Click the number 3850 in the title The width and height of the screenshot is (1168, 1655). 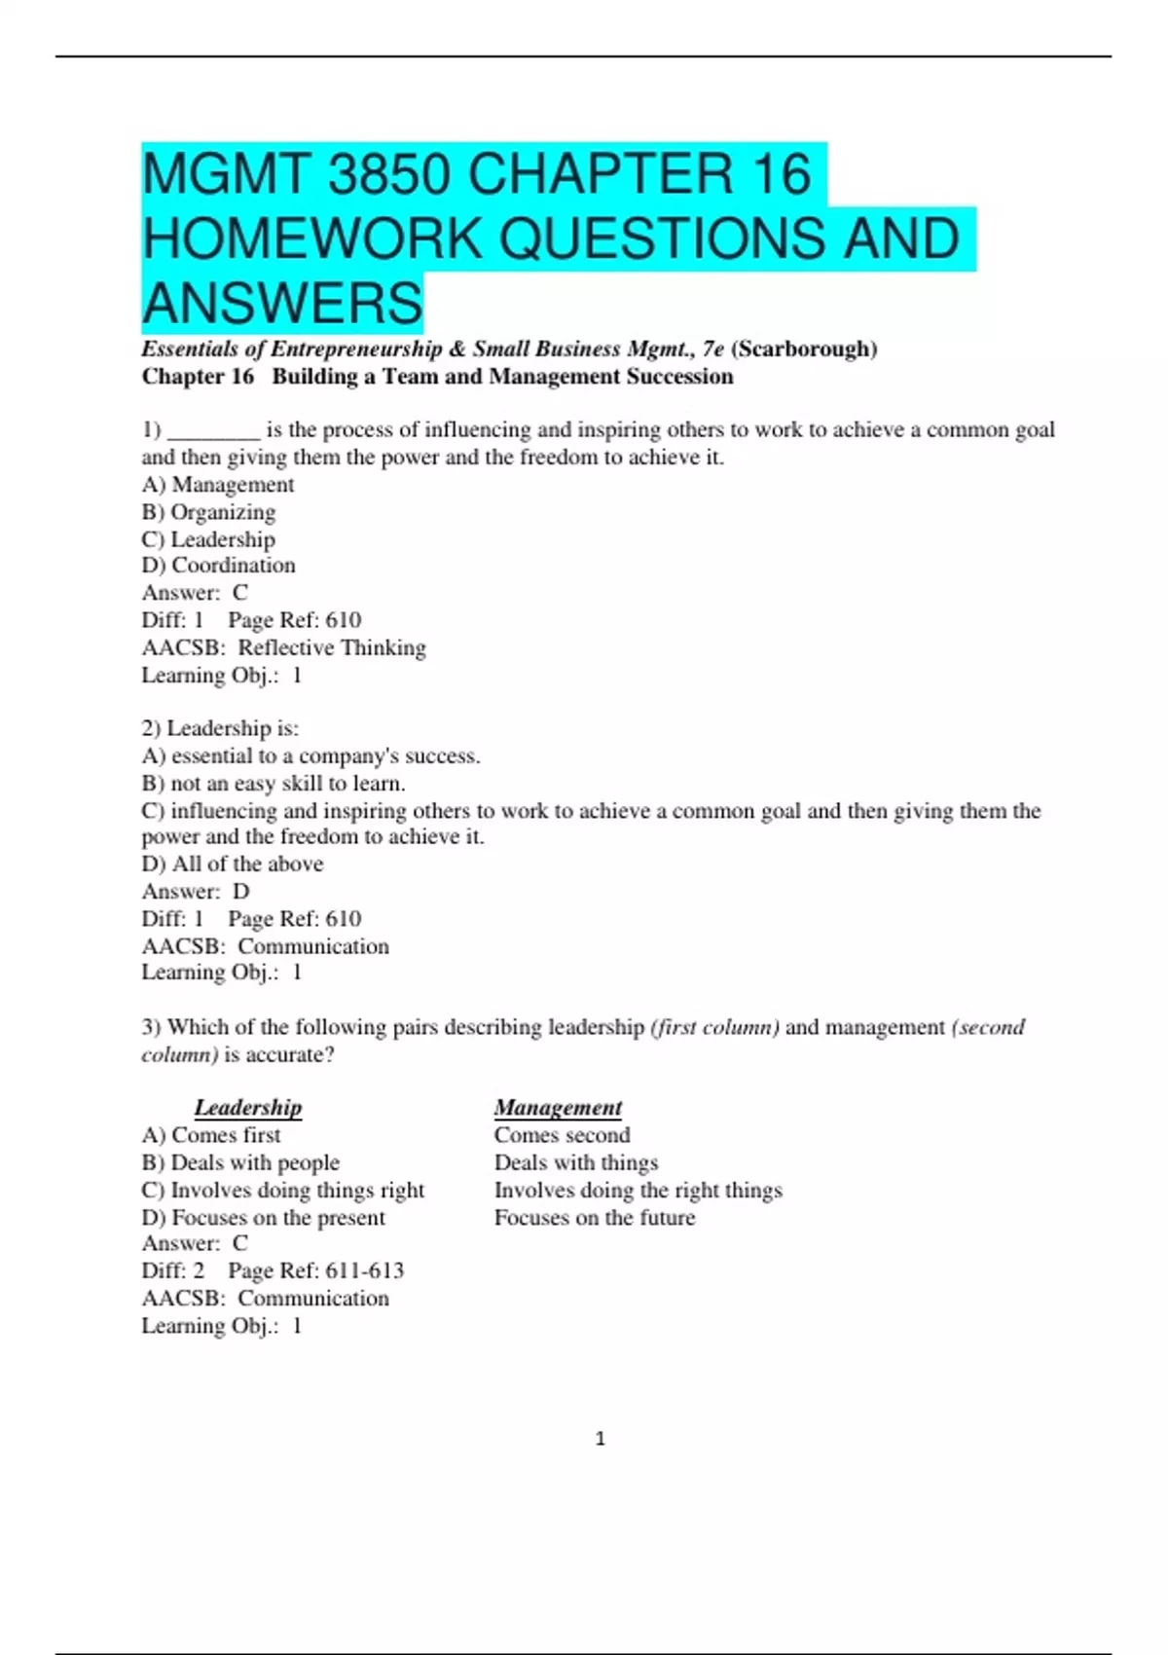pos(388,174)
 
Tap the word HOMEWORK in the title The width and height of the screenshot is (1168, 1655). pos(312,239)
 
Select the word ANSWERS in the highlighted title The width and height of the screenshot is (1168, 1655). pos(282,303)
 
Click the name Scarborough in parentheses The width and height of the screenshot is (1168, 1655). pos(804,349)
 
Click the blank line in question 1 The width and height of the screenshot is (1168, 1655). pos(213,430)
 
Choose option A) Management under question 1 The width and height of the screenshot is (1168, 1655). pos(218,484)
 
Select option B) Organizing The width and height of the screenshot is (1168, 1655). pos(208,511)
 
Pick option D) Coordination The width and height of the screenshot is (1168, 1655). pos(218,565)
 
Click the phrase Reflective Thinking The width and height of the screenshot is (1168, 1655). pos(332,647)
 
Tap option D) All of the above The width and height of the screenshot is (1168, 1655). pos(233,864)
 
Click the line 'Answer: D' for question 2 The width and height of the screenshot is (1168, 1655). pos(196,891)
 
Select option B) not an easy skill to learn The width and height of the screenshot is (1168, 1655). pos(274,783)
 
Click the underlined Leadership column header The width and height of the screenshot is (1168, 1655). pos(248,1107)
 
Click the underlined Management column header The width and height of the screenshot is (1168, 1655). pos(558,1107)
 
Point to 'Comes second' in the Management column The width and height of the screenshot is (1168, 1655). pos(562,1134)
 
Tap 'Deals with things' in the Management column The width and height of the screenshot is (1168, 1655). pos(576,1161)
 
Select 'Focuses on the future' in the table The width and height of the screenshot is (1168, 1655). pos(595,1217)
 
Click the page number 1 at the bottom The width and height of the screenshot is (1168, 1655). pos(600,1438)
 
